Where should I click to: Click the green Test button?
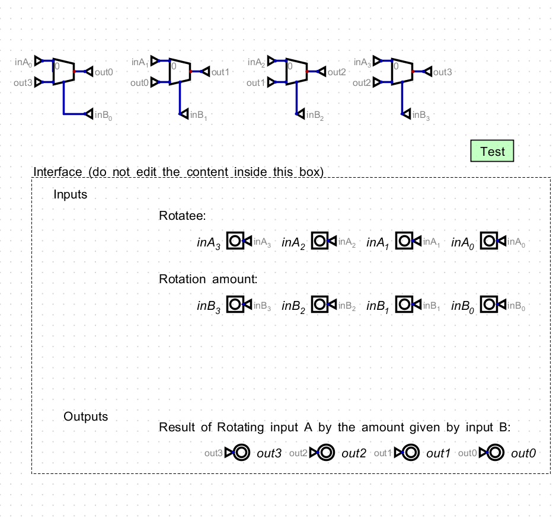(x=492, y=151)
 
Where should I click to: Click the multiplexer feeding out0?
(x=63, y=71)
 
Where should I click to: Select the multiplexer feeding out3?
(x=402, y=71)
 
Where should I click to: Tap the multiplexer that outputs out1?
(x=180, y=71)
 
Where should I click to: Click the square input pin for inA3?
(x=235, y=241)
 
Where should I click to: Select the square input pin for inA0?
(x=489, y=241)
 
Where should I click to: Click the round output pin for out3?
(x=241, y=453)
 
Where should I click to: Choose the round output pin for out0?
(x=496, y=453)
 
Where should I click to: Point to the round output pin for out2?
(x=326, y=453)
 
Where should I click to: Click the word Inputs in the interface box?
(x=70, y=194)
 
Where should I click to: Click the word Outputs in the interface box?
(x=86, y=417)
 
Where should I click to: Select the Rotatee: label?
(x=182, y=216)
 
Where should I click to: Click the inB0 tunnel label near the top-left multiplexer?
(x=102, y=116)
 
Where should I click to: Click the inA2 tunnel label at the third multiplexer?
(x=256, y=62)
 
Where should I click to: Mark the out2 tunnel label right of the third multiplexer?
(x=336, y=72)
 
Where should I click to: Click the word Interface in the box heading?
(x=57, y=172)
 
